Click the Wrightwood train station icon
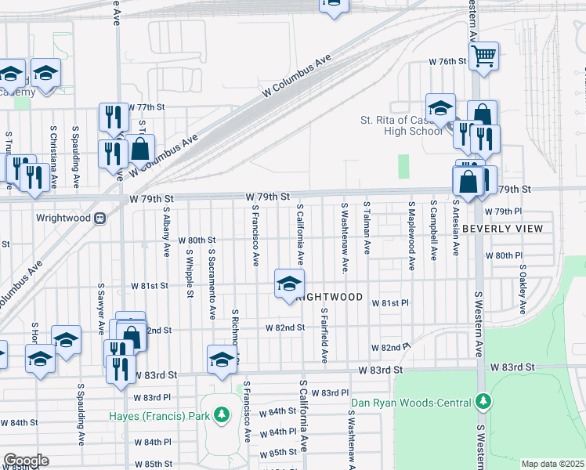click(x=99, y=218)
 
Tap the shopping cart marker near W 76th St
click(x=484, y=55)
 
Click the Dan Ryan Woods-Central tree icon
click(x=484, y=402)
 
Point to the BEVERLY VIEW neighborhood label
click(x=502, y=229)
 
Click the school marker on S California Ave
click(x=288, y=283)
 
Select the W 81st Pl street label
click(x=391, y=303)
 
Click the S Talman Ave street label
click(x=367, y=227)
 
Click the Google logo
click(x=26, y=461)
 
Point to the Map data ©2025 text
click(x=552, y=464)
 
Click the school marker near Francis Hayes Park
click(x=222, y=358)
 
